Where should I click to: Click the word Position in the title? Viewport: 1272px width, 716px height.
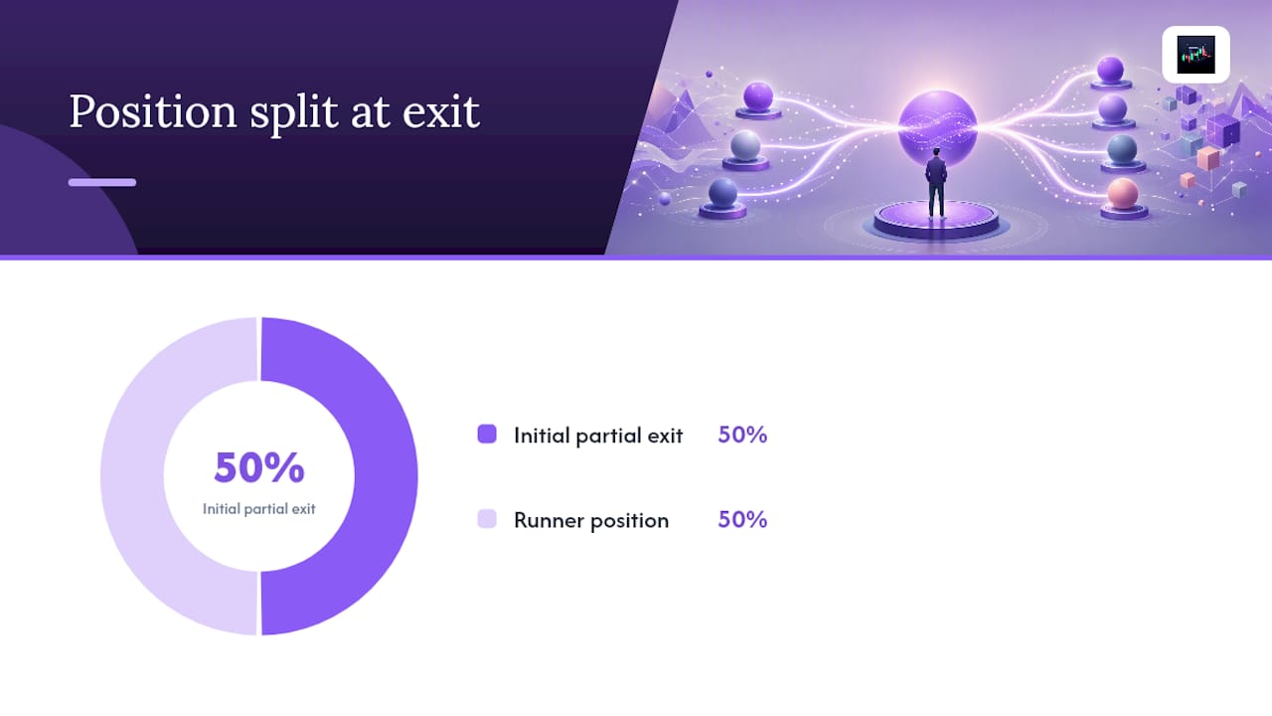pos(153,112)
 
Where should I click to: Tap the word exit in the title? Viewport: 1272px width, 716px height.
pos(441,112)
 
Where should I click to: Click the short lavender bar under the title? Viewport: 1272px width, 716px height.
pos(102,182)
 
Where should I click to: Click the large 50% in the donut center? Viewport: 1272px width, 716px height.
pos(259,467)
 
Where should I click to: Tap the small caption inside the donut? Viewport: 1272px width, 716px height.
pos(259,508)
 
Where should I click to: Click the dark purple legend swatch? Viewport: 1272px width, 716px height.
pos(487,435)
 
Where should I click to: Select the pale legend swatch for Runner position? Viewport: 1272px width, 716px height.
pos(487,519)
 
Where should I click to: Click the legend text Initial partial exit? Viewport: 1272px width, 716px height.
pos(598,436)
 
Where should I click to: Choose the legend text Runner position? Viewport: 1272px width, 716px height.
pos(591,520)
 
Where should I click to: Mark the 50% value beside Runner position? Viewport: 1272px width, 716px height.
pos(742,519)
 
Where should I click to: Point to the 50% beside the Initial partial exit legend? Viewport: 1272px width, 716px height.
pos(742,435)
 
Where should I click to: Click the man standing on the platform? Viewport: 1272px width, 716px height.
pos(936,183)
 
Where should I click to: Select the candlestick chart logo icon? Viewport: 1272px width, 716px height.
pos(1195,55)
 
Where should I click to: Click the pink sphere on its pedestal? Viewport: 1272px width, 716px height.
pos(1123,193)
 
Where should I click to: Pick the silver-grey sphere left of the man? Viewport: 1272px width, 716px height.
pos(745,145)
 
